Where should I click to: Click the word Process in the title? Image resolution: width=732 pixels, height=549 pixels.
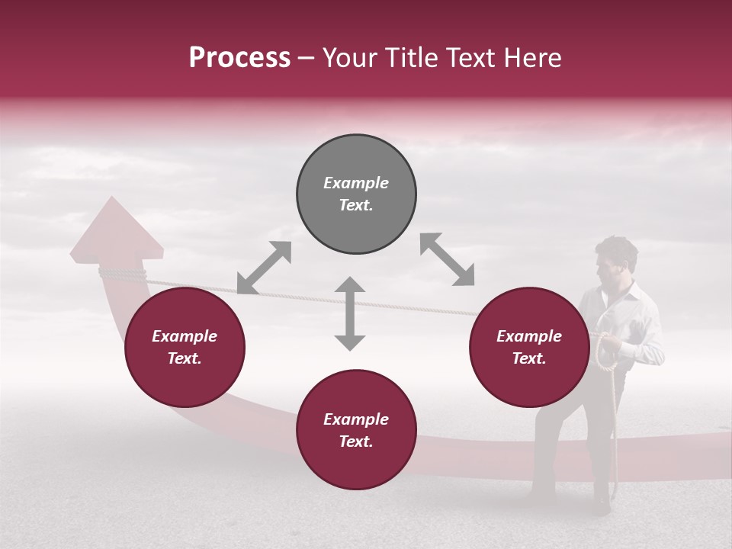(239, 58)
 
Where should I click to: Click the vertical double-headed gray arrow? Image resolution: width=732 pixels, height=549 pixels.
(350, 313)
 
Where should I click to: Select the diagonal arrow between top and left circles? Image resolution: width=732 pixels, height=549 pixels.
(264, 268)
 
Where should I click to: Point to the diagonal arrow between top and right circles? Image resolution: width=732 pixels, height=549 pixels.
(447, 260)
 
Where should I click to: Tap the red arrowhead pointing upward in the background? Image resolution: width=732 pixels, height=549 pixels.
(116, 229)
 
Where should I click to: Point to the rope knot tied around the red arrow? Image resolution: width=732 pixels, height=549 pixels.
(122, 273)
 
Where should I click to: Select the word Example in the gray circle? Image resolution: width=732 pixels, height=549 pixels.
(356, 183)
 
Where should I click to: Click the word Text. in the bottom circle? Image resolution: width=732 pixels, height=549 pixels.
(356, 441)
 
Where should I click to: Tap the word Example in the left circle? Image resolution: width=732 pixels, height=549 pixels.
(185, 336)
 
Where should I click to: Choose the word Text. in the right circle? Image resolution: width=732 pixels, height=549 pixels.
(529, 358)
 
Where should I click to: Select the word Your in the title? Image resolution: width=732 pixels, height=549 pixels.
(350, 58)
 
